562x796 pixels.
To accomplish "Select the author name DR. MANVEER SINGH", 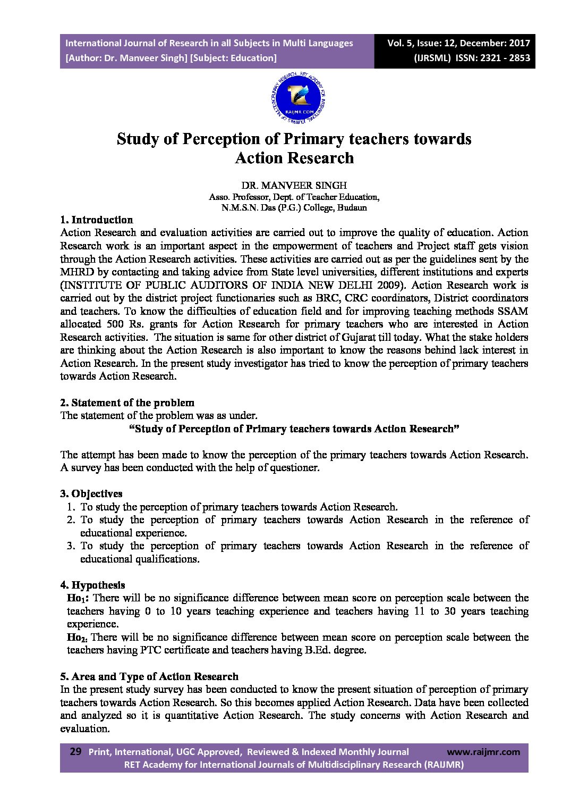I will (x=294, y=186).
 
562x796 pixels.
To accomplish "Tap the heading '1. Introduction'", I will (x=96, y=220).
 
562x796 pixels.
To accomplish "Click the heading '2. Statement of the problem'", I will (x=127, y=403).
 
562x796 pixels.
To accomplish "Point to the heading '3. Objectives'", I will (x=91, y=493).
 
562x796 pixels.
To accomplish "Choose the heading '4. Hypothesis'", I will (x=92, y=585).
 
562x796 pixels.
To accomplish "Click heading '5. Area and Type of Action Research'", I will (x=149, y=676).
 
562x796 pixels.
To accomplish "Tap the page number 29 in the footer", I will (x=75, y=751).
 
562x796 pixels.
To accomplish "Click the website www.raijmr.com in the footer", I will (x=483, y=751).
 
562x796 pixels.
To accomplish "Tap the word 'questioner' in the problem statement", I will (x=294, y=468).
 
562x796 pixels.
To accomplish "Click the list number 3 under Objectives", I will (x=71, y=546).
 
